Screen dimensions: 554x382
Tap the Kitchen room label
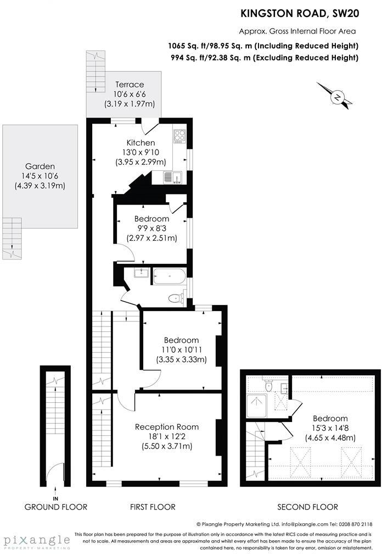click(141, 143)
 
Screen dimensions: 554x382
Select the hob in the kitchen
click(180, 135)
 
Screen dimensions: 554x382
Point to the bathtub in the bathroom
click(168, 276)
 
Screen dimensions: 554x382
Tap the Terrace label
click(129, 85)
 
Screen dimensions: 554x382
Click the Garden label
click(40, 167)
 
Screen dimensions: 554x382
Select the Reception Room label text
click(167, 427)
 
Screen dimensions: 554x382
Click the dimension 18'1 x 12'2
click(167, 436)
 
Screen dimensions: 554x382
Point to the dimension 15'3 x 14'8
click(330, 428)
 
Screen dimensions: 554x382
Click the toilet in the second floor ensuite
click(268, 386)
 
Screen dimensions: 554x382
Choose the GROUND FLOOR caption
click(55, 507)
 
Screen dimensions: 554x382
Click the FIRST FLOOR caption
click(153, 507)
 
